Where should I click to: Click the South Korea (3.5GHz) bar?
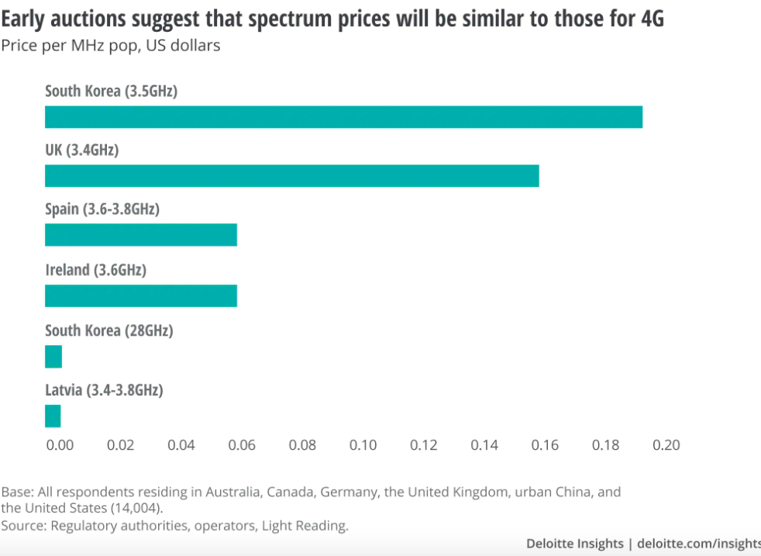pos(343,117)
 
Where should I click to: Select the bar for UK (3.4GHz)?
pos(291,176)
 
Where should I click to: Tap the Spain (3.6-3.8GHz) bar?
pos(140,235)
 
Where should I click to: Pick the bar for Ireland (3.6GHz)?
pos(140,295)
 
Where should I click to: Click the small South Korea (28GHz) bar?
pos(53,357)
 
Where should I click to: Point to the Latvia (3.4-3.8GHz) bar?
pos(53,416)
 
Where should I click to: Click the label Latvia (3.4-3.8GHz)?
pos(104,390)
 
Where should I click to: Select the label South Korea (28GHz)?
pos(108,330)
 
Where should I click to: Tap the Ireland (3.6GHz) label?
pos(95,271)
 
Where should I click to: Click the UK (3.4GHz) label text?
pos(81,150)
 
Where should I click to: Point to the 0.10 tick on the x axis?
pos(363,445)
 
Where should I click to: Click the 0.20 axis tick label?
pos(666,445)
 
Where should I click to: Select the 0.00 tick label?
pos(60,445)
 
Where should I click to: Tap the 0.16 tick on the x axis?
pos(545,445)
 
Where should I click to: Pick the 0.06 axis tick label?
pos(242,445)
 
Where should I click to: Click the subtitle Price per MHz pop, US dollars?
pos(111,46)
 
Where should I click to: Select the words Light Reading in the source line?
pos(305,526)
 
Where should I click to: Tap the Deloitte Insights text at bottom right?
pos(574,544)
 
